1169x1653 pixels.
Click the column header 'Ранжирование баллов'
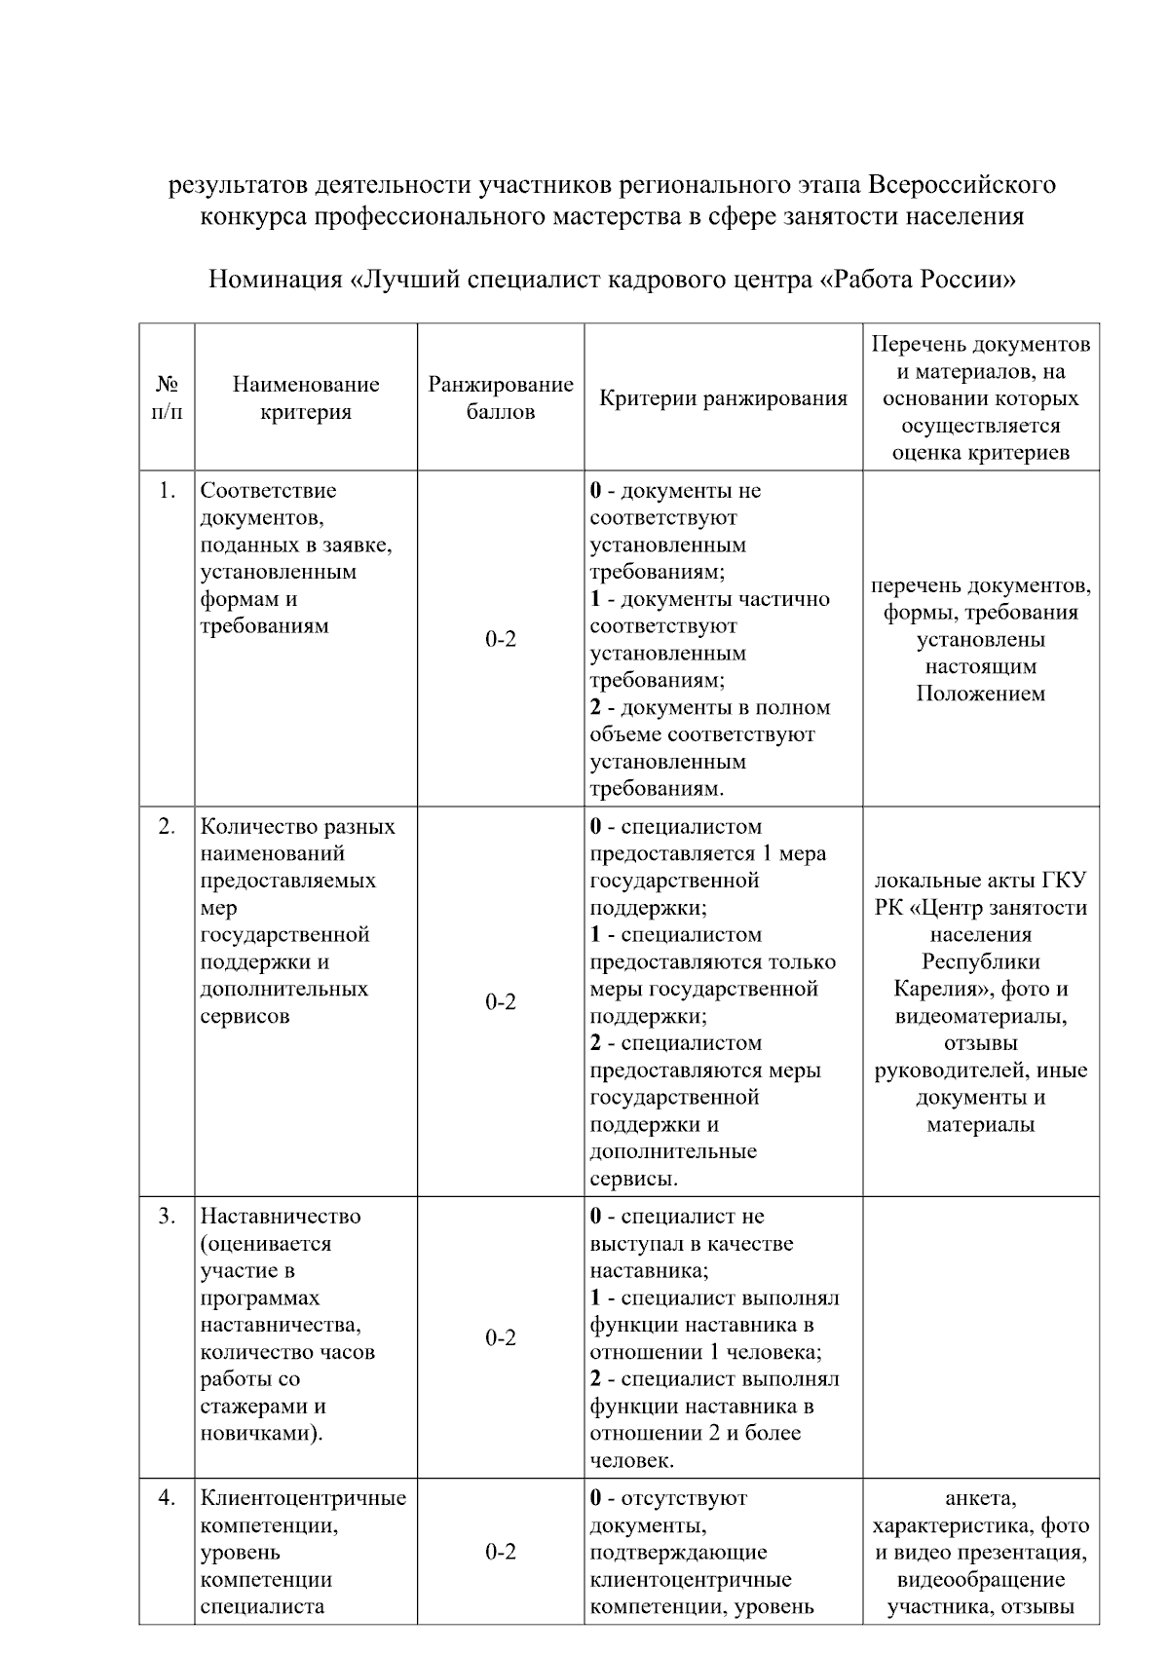(501, 397)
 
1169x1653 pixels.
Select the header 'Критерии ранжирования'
(723, 397)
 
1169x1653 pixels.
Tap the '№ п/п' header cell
(167, 397)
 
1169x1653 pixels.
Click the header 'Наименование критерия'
(306, 397)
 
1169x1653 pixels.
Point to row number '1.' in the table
(167, 491)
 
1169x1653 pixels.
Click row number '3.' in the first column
(167, 1217)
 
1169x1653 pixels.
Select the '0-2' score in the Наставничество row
(501, 1338)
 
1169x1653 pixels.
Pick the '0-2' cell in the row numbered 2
(501, 1002)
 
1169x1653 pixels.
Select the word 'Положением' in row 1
(981, 695)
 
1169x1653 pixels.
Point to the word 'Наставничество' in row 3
(281, 1217)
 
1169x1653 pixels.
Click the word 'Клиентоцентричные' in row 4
(303, 1498)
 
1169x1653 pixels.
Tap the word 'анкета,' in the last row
(981, 1498)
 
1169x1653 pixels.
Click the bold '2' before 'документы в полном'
(595, 707)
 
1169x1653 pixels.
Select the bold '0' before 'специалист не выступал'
(595, 1217)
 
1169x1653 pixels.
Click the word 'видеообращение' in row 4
(981, 1579)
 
